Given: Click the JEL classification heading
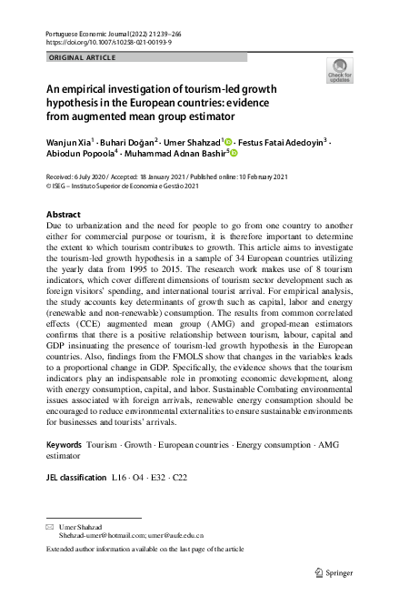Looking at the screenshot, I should point(75,477).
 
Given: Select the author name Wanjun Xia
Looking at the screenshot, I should point(72,143).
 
